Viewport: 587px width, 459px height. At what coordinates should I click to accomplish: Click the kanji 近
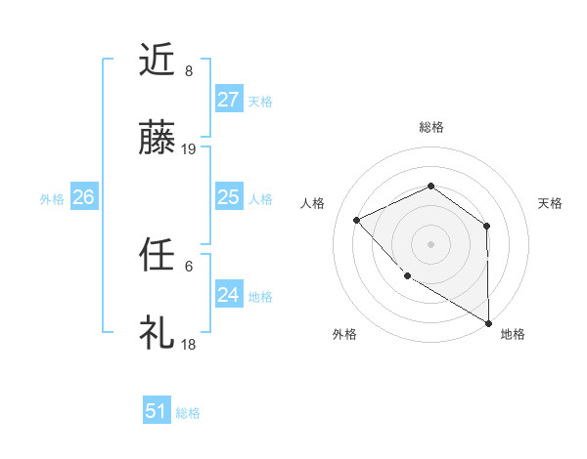coord(158,62)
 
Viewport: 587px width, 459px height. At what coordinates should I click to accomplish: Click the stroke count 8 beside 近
coord(189,71)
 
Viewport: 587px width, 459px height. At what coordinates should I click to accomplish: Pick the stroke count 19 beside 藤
coord(189,149)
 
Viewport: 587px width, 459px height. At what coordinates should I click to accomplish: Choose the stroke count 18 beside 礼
coord(189,345)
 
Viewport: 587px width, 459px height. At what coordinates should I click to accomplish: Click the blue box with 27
coord(228,100)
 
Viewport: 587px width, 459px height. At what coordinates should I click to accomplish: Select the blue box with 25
coord(228,197)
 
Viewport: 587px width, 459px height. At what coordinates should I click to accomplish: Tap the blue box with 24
coord(228,295)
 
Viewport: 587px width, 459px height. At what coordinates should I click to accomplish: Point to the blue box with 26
coord(83,197)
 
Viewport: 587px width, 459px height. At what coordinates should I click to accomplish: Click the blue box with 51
coord(156,411)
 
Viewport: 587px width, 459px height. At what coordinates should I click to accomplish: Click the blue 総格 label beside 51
coord(188,413)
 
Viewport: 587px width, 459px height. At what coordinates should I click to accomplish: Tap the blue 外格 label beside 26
coord(52,199)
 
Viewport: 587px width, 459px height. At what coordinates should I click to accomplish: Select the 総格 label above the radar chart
coord(430,127)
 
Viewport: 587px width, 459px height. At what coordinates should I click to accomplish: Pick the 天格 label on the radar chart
coord(551,203)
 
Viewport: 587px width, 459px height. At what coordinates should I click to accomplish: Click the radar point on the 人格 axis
coord(357,220)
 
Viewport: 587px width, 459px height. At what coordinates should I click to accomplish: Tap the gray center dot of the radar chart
coord(430,243)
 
